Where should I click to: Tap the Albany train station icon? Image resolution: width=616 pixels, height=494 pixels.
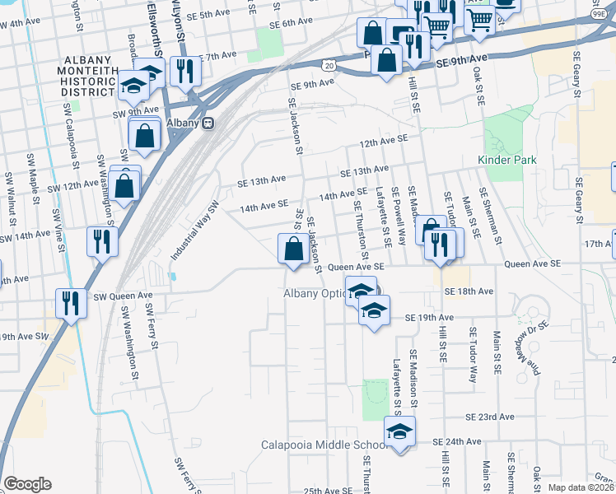[x=208, y=123]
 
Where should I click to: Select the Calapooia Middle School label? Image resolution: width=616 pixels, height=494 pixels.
[x=324, y=445]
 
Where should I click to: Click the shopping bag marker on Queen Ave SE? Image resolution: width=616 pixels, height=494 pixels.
[x=294, y=249]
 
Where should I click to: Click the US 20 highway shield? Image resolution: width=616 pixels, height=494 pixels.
[x=329, y=63]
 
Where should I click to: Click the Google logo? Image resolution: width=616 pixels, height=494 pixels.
[x=27, y=484]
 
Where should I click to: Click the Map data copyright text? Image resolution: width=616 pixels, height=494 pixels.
[x=581, y=487]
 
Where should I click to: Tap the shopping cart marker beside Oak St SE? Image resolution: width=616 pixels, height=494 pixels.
[x=478, y=20]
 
